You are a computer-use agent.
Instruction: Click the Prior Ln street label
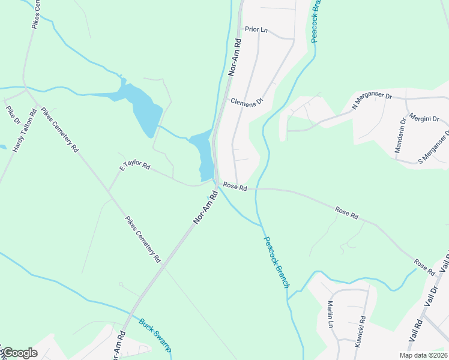point(256,29)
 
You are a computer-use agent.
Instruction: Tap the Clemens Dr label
point(247,102)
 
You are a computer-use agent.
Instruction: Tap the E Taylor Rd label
point(134,166)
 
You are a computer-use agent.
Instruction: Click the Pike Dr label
point(13,115)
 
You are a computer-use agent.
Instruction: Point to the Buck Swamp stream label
point(155,335)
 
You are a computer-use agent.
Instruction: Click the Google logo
point(19,353)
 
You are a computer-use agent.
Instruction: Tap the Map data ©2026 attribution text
point(423,355)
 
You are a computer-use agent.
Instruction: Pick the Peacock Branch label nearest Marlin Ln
point(276,261)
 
